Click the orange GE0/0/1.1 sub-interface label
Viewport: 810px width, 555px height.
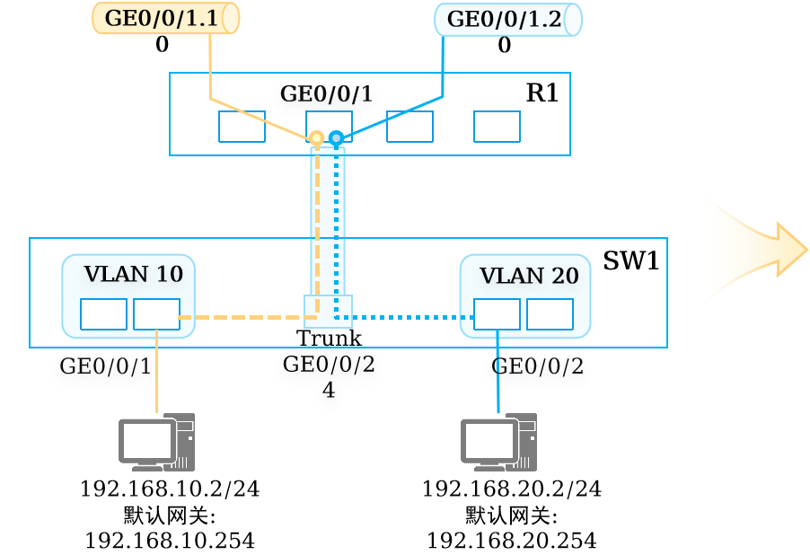coord(161,18)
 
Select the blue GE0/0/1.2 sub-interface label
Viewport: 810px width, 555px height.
coord(504,19)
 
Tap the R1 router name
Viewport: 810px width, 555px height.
coord(541,93)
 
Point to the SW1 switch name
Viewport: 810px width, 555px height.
coord(630,260)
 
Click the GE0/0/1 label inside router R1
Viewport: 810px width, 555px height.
coord(326,93)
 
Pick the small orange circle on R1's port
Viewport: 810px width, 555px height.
coord(317,138)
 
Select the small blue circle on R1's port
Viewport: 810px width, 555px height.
coord(336,138)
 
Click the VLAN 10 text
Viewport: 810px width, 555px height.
coord(133,274)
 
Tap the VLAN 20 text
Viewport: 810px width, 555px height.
coord(529,276)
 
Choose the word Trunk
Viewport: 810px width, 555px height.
coord(329,338)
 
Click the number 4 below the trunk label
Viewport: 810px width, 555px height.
coord(329,390)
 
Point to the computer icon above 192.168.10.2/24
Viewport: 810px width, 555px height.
coord(156,442)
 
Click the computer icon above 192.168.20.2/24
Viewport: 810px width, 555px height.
coord(499,442)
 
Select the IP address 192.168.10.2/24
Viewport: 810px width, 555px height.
coord(170,489)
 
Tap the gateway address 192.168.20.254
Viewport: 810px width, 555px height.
coord(512,541)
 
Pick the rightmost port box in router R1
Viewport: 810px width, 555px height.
coord(497,126)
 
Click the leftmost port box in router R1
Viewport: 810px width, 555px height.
coord(242,126)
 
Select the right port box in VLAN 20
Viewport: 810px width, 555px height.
coord(550,313)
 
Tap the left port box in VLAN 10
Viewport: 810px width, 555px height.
coord(104,313)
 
